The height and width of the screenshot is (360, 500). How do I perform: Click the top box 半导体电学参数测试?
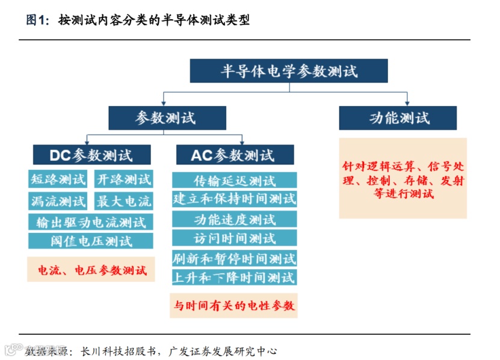[289, 71]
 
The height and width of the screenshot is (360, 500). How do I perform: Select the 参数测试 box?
[167, 118]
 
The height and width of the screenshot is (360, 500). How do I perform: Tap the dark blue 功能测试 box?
[398, 118]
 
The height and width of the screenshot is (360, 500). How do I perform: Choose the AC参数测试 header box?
[235, 155]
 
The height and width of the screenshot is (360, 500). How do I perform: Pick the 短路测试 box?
[58, 179]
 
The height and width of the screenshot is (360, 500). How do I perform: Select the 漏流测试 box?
[58, 200]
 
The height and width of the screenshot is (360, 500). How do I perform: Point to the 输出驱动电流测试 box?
[91, 222]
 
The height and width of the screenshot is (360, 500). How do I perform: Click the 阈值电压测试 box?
[91, 241]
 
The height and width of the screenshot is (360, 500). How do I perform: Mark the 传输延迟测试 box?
[235, 180]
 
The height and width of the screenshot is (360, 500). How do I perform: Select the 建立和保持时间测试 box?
[235, 199]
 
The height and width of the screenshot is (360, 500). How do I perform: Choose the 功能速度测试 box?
[235, 219]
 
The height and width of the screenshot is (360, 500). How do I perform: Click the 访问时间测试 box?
[235, 238]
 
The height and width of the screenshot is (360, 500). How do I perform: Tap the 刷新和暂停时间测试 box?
[235, 258]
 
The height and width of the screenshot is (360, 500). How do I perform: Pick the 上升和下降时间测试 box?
[235, 277]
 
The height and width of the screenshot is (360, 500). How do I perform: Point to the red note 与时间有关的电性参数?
[235, 305]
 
